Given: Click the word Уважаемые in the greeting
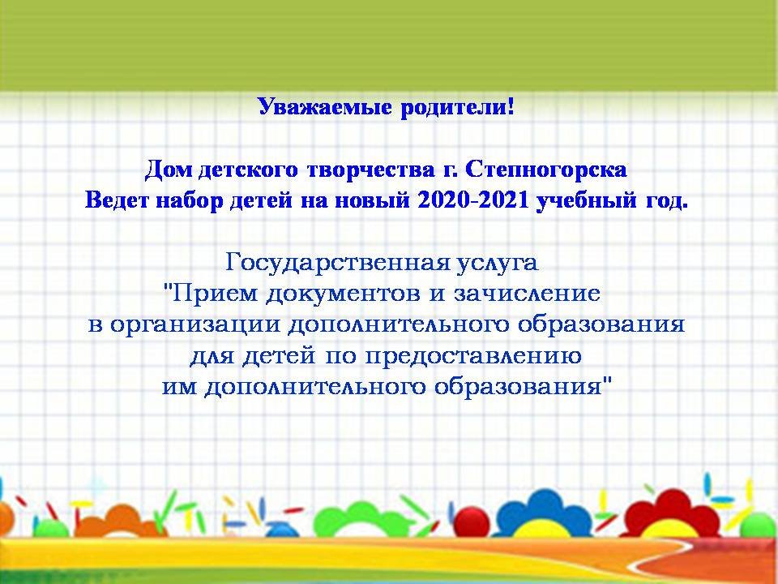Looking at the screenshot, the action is click(325, 107).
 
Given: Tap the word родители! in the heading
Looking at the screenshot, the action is click(457, 107).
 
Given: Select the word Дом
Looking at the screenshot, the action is click(169, 170).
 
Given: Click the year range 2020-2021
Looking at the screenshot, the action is click(472, 200).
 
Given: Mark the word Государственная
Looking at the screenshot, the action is click(337, 263).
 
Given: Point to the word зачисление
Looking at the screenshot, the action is click(528, 294).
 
